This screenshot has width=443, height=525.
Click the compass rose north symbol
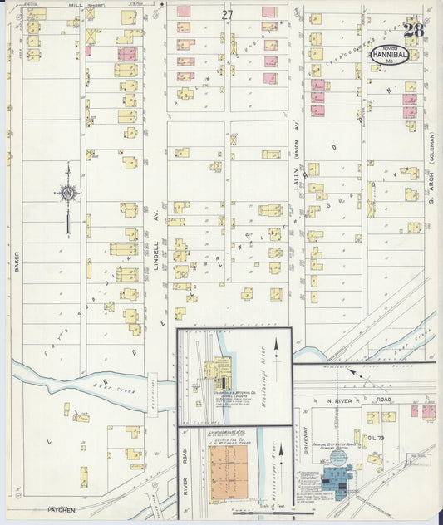[x=67, y=194]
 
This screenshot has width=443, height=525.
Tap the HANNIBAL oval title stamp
[x=389, y=56]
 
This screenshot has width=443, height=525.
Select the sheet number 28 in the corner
[x=412, y=30]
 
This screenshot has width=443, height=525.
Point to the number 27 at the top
[x=227, y=15]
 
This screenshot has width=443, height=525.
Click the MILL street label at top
[x=76, y=5]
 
